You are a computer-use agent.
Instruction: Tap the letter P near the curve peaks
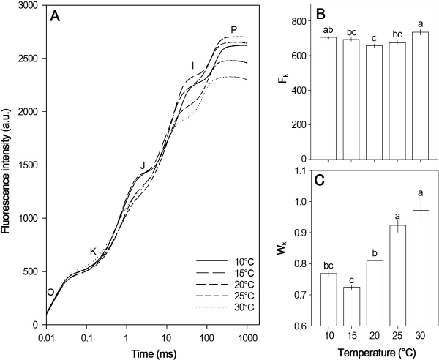pos(234,30)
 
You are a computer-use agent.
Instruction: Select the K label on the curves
pos(94,252)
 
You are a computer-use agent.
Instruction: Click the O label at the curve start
pos(50,292)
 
